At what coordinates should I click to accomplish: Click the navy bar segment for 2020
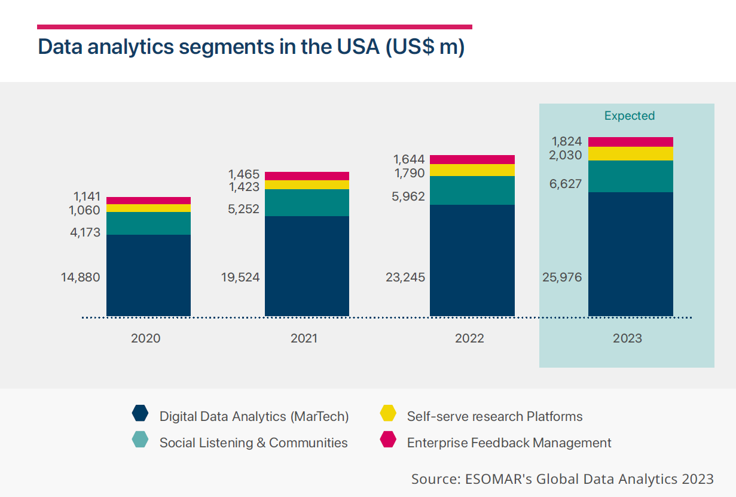[148, 275]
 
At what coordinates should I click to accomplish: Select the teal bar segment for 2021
[307, 202]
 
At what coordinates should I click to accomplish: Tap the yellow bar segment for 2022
[472, 170]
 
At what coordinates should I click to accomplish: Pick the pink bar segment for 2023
[630, 142]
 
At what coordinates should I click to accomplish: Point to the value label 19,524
[240, 277]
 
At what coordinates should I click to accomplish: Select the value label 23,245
[405, 277]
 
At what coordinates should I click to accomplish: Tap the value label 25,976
[561, 277]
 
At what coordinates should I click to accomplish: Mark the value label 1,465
[244, 174]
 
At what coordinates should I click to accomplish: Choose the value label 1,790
[409, 173]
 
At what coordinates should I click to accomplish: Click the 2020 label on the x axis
[146, 338]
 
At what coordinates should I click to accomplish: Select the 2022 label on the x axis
[469, 338]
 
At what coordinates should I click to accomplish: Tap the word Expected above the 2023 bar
[630, 116]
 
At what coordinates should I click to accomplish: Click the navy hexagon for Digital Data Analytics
[140, 414]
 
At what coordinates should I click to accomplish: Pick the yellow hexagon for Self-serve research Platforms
[388, 414]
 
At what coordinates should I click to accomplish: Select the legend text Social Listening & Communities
[253, 443]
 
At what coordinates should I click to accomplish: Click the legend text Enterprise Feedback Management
[509, 443]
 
